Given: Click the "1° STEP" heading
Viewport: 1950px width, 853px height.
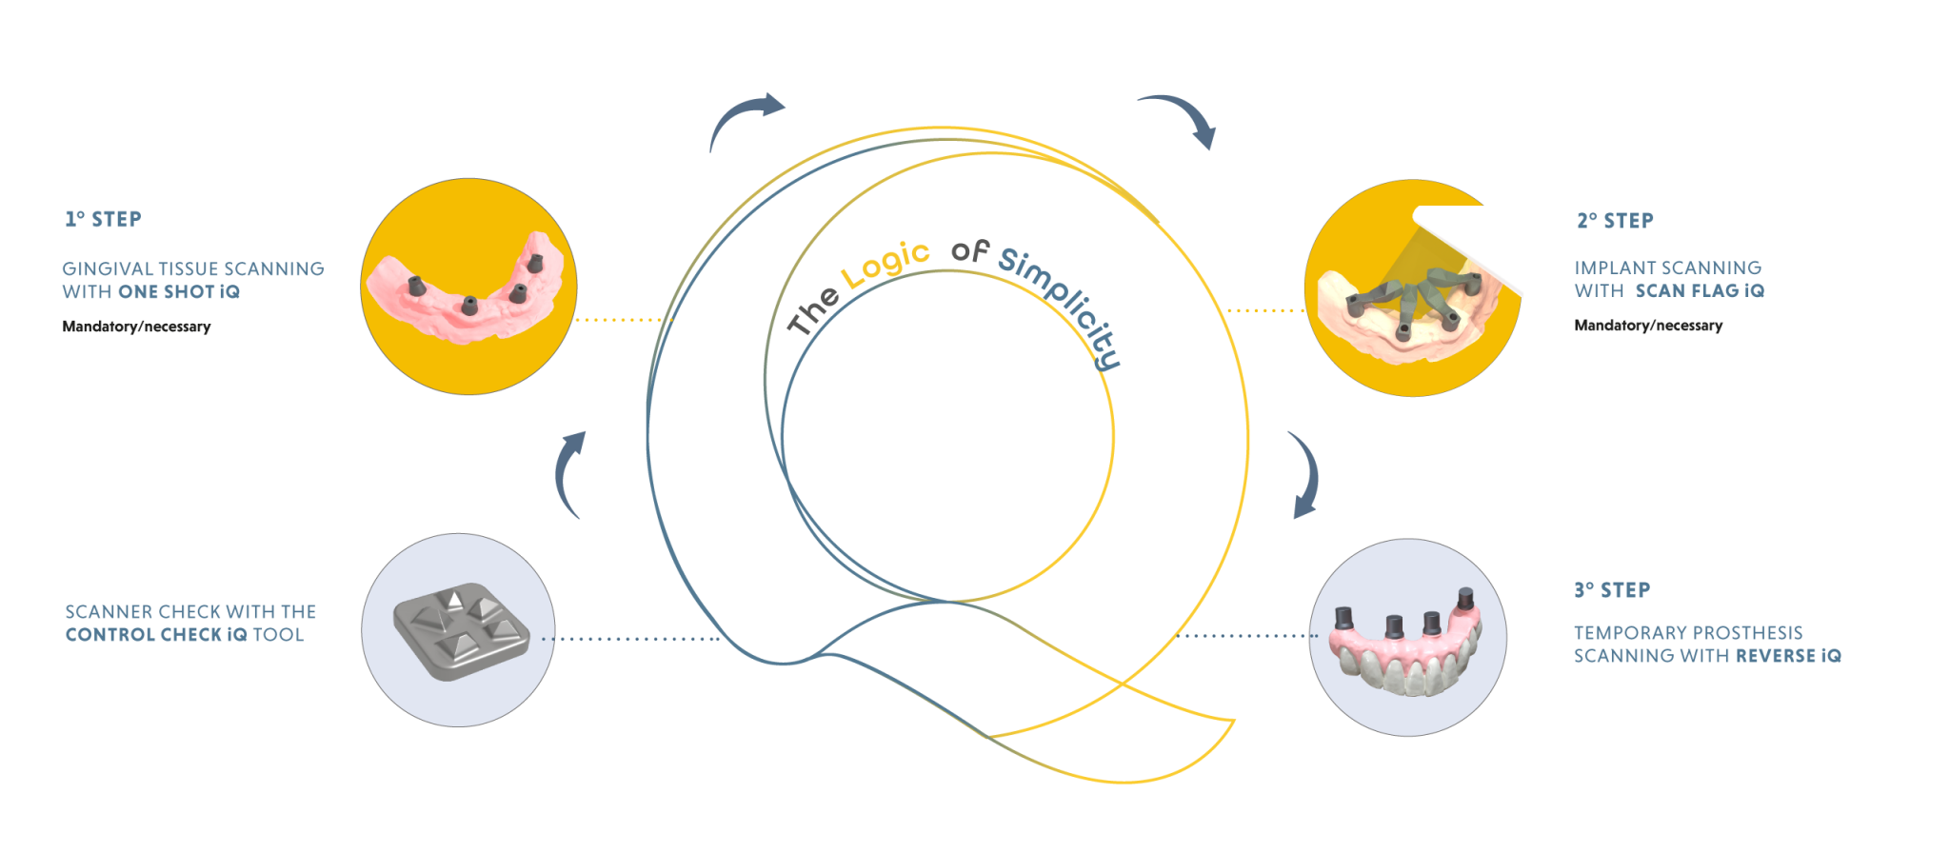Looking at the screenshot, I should [x=103, y=220].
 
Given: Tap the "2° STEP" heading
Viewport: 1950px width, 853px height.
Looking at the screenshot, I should [x=1615, y=221].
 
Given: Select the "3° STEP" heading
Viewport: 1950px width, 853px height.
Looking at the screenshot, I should [x=1612, y=590].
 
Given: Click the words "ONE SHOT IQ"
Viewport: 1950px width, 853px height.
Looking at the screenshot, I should [x=179, y=292].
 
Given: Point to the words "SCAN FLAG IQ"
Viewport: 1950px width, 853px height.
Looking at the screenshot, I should [x=1700, y=290].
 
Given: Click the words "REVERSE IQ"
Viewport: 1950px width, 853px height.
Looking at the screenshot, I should [x=1788, y=656].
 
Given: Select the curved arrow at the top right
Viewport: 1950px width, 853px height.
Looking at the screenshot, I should [x=1181, y=119].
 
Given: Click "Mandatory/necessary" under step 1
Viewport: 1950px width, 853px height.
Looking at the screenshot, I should [x=136, y=327].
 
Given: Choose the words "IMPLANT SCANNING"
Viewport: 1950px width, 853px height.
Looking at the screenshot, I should [x=1667, y=268].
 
